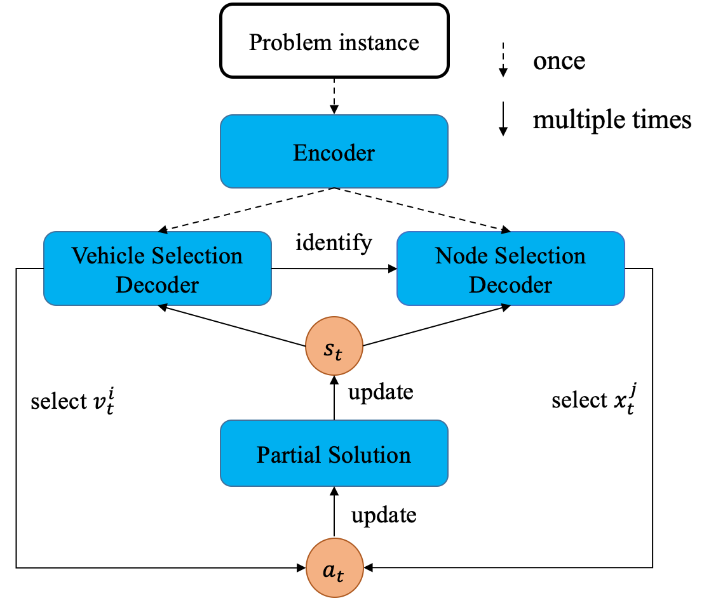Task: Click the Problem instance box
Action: coord(334,41)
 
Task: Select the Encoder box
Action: coord(334,152)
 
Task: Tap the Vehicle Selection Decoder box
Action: coord(158,268)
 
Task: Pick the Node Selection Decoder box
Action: coord(510,268)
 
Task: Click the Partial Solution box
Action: coord(334,453)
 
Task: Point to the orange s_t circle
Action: coord(334,346)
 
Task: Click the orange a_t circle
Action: coord(334,567)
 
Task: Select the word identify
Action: coord(334,242)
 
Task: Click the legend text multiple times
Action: coord(612,119)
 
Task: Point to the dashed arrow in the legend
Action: coord(503,60)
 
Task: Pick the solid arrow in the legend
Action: coord(503,119)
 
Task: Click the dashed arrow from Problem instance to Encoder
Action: coord(334,96)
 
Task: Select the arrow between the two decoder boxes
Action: coord(334,268)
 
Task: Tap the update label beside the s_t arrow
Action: coord(381,392)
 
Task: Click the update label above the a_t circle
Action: coord(384,515)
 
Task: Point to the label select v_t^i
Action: coord(72,401)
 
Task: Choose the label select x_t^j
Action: coord(594,399)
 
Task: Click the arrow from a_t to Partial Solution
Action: coord(334,512)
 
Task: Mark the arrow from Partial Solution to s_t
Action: coord(334,397)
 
